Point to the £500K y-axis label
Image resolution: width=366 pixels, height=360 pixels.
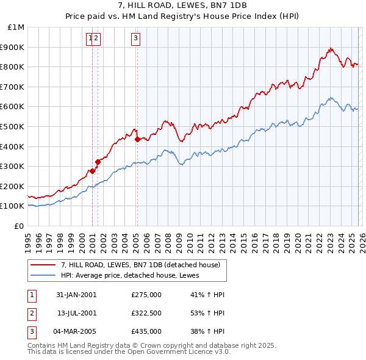click(13, 126)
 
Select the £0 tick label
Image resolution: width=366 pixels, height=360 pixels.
click(19, 226)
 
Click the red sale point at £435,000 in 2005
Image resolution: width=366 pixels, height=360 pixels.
click(137, 139)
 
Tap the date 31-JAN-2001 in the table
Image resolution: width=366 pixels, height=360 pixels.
click(76, 295)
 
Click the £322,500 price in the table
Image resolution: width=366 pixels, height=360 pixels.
click(146, 313)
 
